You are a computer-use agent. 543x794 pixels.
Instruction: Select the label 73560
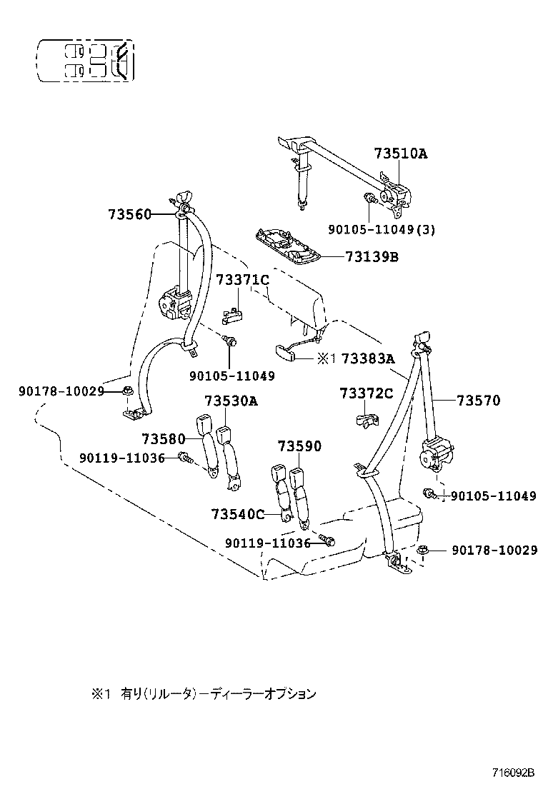(129, 214)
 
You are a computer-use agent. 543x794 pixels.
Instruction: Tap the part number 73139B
(372, 256)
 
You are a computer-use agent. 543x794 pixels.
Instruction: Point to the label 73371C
(242, 280)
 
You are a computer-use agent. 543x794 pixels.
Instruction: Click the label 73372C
(366, 393)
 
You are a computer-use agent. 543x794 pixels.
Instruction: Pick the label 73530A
(231, 401)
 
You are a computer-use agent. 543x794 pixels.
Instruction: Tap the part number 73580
(163, 438)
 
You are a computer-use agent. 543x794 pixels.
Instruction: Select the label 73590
(299, 446)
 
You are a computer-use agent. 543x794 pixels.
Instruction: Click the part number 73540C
(238, 513)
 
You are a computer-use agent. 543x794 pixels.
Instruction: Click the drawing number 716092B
(512, 773)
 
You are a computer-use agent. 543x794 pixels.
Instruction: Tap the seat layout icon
(85, 61)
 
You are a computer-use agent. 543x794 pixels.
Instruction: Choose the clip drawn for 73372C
(367, 421)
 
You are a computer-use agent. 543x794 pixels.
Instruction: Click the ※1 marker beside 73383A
(327, 358)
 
